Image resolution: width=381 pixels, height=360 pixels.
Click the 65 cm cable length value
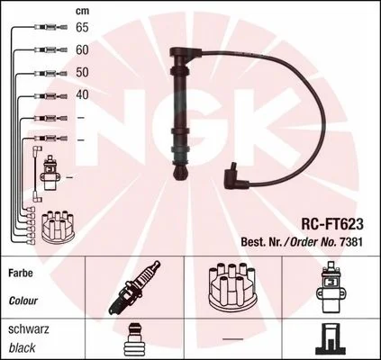(82, 28)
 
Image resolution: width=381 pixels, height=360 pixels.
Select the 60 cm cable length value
(82, 50)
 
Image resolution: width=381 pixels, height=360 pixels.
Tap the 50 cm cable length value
(82, 72)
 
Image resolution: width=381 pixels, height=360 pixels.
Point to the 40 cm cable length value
(82, 94)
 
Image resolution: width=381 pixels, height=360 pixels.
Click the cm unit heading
(82, 11)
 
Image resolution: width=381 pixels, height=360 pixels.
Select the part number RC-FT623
(332, 224)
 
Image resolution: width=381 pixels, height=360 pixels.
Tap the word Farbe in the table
(21, 273)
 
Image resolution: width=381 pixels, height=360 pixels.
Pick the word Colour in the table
(23, 301)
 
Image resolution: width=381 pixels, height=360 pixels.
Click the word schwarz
(29, 329)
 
